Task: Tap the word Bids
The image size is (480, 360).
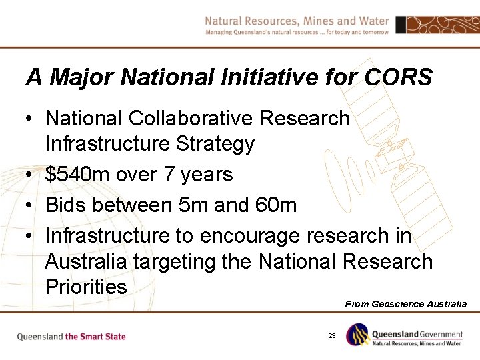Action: pyautogui.click(x=65, y=205)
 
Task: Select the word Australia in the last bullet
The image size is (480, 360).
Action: pyautogui.click(x=86, y=261)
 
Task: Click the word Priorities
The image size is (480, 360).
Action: pyautogui.click(x=86, y=287)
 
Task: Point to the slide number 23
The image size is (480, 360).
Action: pyautogui.click(x=331, y=336)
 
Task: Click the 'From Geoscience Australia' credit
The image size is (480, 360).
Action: pyautogui.click(x=405, y=304)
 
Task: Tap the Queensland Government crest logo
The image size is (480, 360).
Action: pyautogui.click(x=357, y=335)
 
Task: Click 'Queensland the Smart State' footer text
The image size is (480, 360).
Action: pyautogui.click(x=71, y=337)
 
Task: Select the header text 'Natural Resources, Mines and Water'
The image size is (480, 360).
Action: pyautogui.click(x=297, y=21)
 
